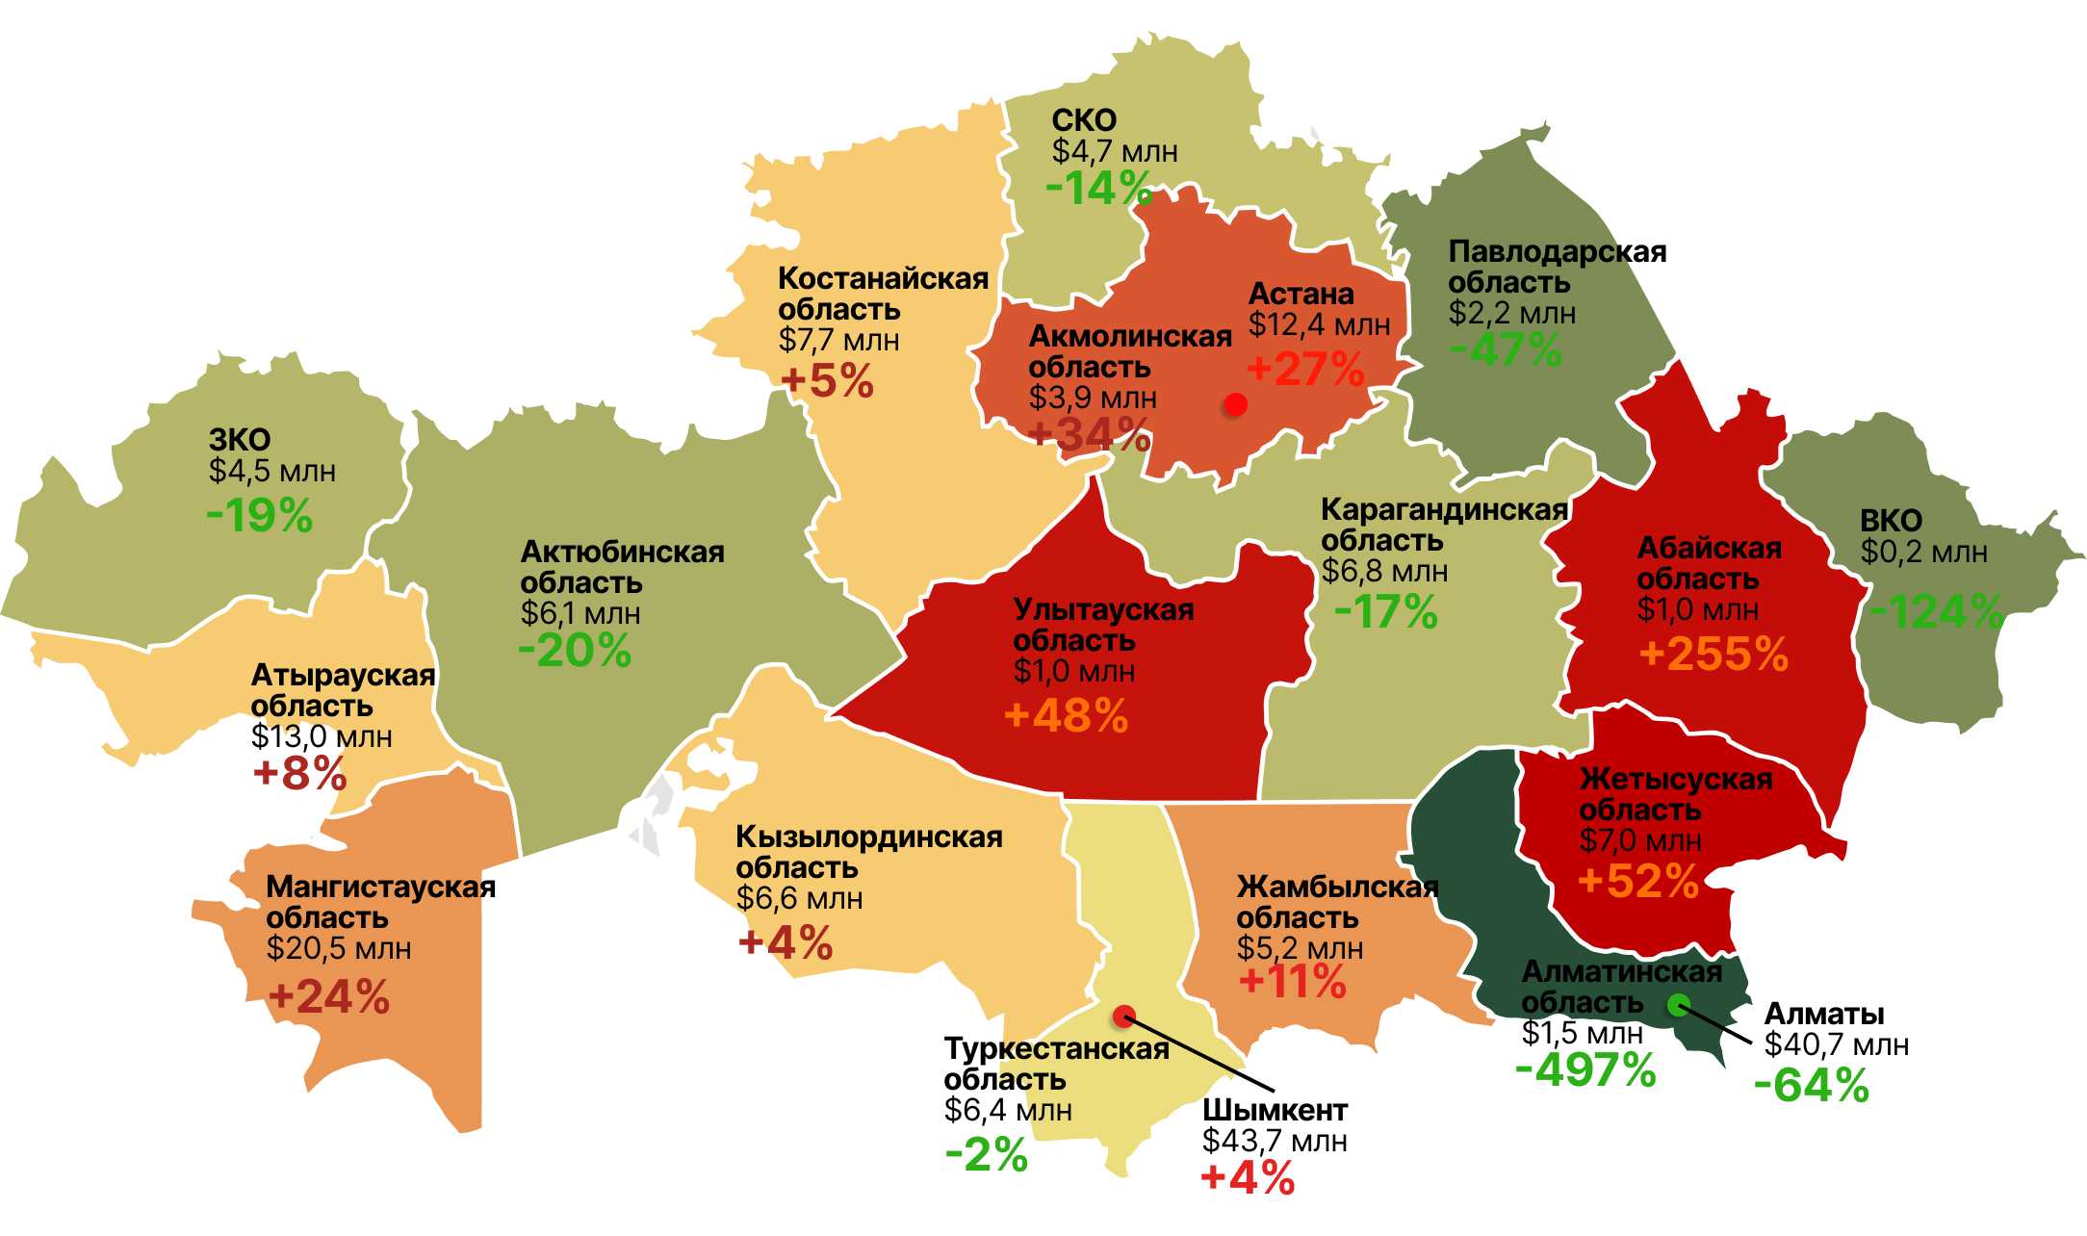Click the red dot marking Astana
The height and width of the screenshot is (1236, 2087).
coord(1235,405)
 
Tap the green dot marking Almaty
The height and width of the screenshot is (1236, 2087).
coord(1678,1005)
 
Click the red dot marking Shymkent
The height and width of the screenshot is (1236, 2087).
coord(1123,1016)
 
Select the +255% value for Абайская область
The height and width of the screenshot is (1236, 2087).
coord(1713,655)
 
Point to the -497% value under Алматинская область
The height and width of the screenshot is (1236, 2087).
coord(1585,1069)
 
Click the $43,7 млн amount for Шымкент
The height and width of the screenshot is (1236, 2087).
coord(1274,1141)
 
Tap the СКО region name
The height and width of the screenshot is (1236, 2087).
coord(1084,120)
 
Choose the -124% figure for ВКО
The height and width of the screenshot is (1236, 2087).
coord(1936,611)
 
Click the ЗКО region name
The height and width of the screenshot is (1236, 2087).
coord(240,440)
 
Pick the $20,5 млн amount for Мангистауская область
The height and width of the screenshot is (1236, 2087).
coord(339,948)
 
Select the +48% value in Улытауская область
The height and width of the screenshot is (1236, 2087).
coord(1066,716)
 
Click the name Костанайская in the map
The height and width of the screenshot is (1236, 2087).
coord(883,278)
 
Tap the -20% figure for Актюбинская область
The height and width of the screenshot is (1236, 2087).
coord(575,651)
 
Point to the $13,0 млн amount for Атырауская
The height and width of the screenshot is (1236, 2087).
coord(322,736)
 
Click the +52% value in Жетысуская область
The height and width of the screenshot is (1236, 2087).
coord(1638,881)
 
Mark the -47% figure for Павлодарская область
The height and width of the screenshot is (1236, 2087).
coord(1506,349)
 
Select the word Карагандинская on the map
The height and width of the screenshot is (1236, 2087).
coord(1444,509)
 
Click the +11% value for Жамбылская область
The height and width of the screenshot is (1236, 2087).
coord(1292,982)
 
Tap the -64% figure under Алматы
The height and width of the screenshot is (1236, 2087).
coord(1811,1086)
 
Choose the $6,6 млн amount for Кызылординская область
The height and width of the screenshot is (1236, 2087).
coord(799,898)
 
